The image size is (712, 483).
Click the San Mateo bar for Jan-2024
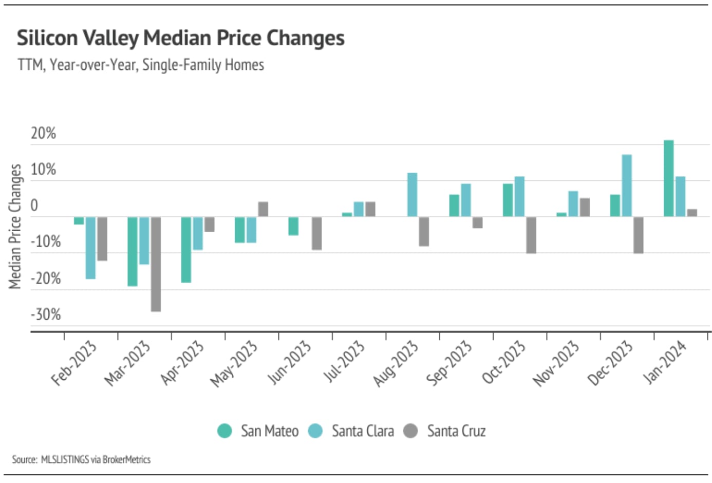(668, 178)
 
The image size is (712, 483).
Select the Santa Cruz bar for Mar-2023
(156, 264)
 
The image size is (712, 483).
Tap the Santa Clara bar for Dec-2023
(627, 185)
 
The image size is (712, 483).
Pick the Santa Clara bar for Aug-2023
(412, 195)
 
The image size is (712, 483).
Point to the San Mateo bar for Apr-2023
(186, 250)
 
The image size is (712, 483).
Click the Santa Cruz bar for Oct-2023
(531, 235)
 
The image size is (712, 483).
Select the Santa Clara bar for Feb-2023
(90, 248)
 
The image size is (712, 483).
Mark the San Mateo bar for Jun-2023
(293, 226)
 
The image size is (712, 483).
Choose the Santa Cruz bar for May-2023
(263, 209)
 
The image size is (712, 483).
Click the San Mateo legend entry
(258, 431)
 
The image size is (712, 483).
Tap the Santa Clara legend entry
(352, 431)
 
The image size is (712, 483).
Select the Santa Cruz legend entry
(445, 431)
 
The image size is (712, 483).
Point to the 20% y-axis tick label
(43, 134)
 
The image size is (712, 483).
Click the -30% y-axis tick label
(46, 314)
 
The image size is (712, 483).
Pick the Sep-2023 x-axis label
(449, 363)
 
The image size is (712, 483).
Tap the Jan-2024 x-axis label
(665, 363)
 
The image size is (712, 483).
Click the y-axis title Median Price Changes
(15, 226)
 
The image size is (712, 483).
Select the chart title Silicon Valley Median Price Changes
(180, 38)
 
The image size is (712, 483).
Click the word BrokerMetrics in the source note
(126, 459)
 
